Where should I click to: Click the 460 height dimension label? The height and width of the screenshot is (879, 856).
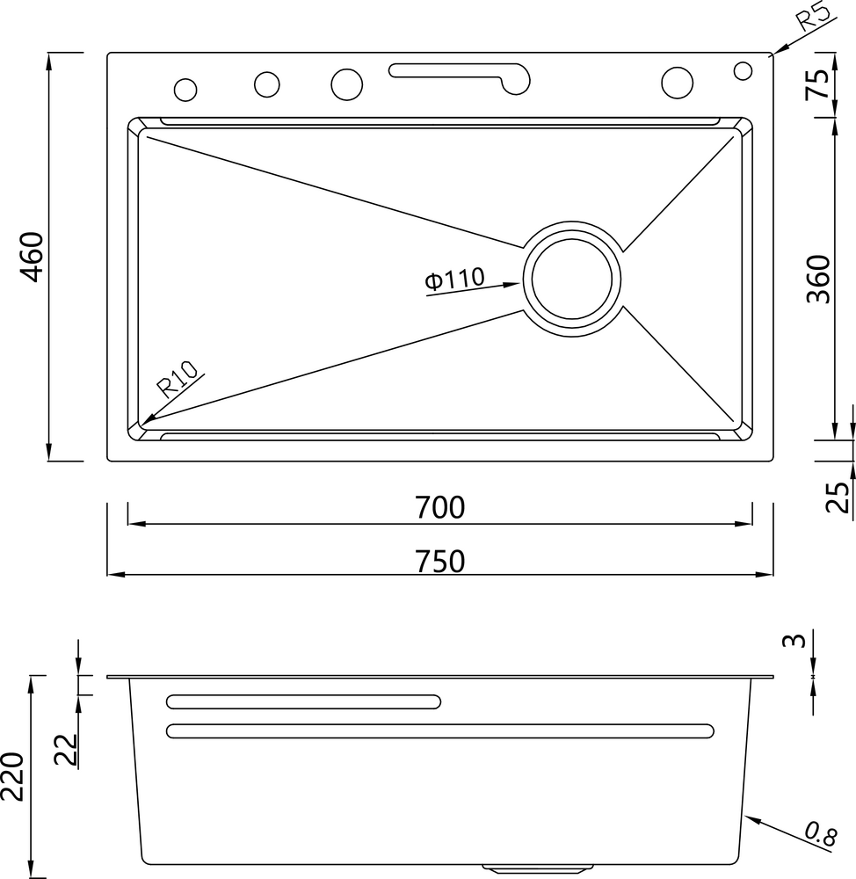click(32, 257)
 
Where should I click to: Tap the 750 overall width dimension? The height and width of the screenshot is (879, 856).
click(440, 561)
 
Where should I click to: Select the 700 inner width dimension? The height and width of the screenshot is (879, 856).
click(440, 508)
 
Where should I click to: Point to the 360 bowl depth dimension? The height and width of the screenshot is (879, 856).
click(818, 280)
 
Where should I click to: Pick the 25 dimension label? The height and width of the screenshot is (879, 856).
click(838, 498)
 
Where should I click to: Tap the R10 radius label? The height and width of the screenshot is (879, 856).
click(177, 381)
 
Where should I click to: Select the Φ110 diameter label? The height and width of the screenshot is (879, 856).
click(453, 280)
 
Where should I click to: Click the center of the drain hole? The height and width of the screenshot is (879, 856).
click(572, 279)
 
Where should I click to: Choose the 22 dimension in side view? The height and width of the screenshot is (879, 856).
click(66, 748)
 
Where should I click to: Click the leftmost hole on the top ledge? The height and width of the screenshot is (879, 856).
click(185, 90)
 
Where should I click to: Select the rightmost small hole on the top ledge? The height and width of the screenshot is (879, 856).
click(743, 69)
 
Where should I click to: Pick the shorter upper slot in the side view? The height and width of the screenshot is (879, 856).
click(303, 701)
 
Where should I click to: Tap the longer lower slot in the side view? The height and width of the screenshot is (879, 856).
click(439, 730)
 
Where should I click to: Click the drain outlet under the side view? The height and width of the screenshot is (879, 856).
click(499, 869)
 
